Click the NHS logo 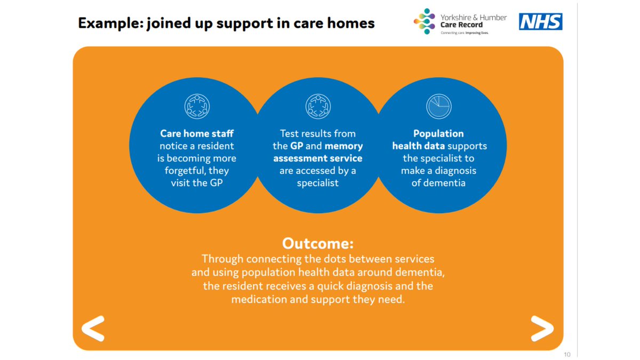(x=541, y=22)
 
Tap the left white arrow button (x=93, y=329)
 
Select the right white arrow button (x=542, y=329)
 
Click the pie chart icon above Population (x=439, y=107)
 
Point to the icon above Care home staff (x=197, y=107)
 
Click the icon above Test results (x=318, y=107)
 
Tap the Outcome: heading (x=318, y=244)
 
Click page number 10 (x=567, y=355)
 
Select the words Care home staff (x=197, y=134)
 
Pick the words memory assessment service (x=318, y=152)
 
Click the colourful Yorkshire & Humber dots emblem (x=425, y=21)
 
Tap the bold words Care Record (x=461, y=25)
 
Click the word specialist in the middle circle (x=318, y=183)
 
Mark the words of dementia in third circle (x=439, y=183)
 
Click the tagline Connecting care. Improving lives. (x=464, y=33)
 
